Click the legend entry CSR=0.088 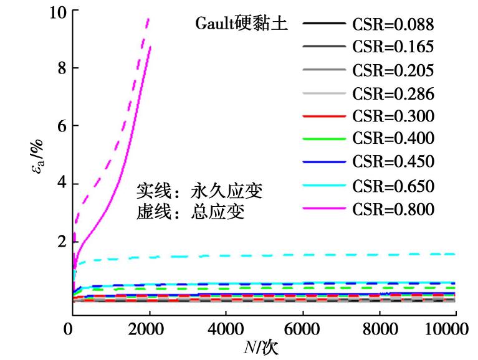[x=393, y=25]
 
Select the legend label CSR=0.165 [x=393, y=47]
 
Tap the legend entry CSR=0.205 [x=393, y=70]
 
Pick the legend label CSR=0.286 [x=393, y=93]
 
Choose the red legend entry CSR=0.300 [x=393, y=116]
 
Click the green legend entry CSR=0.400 [x=393, y=139]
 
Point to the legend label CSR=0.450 [x=393, y=162]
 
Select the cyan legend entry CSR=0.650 [x=393, y=186]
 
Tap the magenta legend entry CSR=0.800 [x=393, y=209]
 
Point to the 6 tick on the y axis [x=60, y=126]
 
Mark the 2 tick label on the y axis [x=60, y=242]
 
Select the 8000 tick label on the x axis [x=378, y=328]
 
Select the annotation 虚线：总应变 [x=190, y=212]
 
